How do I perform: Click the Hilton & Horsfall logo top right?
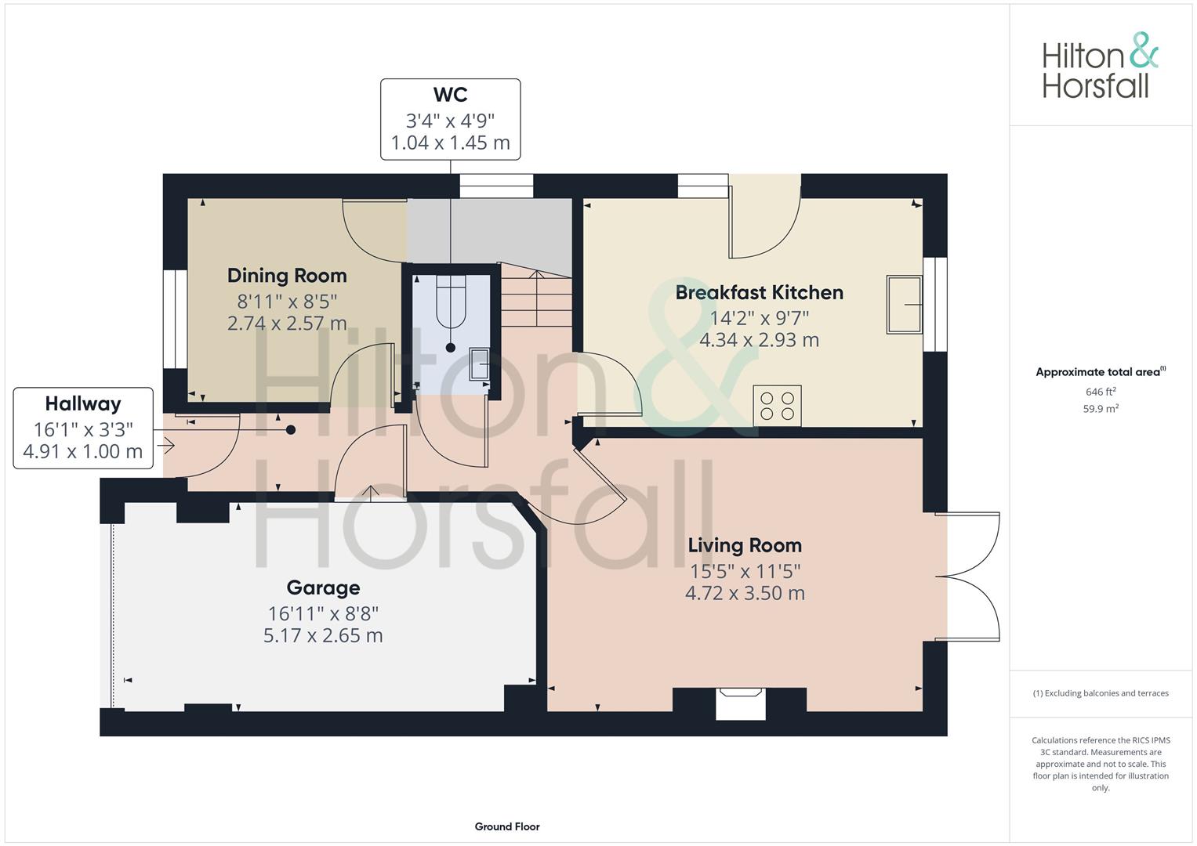[1100, 66]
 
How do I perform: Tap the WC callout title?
[450, 95]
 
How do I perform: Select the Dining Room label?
[287, 276]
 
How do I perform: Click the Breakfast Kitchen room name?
[759, 292]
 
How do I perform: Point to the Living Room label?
[745, 545]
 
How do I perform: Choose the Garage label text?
[323, 587]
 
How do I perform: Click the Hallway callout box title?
[83, 403]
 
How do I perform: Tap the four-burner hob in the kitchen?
[777, 405]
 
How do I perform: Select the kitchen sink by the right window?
[904, 304]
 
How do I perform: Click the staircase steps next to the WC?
[537, 298]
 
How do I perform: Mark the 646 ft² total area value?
[1100, 392]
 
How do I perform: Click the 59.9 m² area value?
[1100, 408]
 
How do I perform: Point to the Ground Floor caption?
[507, 826]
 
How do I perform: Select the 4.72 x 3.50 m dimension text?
[745, 593]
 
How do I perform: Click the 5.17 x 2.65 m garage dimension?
[323, 635]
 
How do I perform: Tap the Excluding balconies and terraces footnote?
[1101, 693]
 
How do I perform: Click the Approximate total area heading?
[1100, 372]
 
